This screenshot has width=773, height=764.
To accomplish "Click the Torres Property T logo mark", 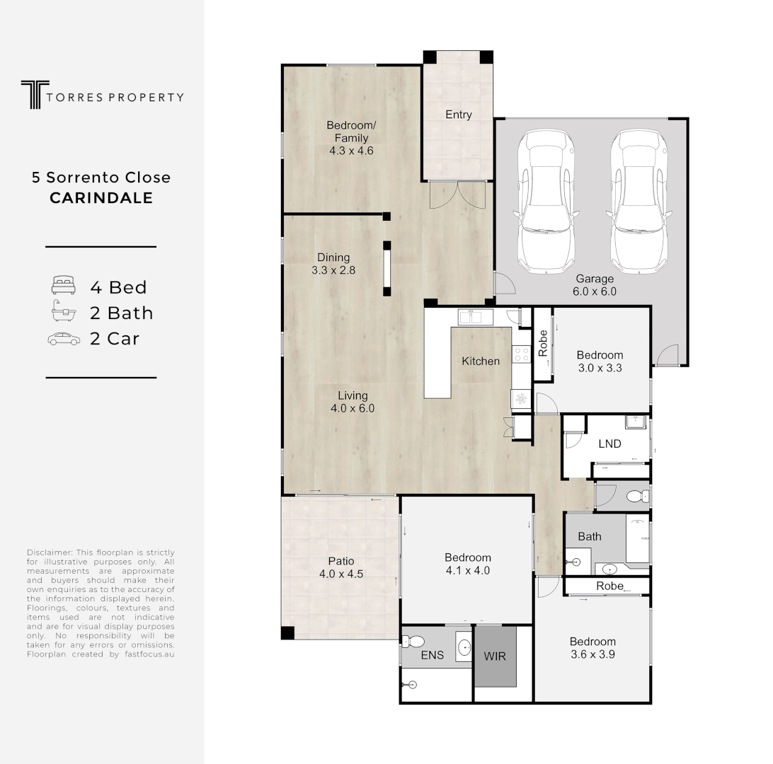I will point(32,95).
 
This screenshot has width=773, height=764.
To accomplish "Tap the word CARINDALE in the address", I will point(101,198).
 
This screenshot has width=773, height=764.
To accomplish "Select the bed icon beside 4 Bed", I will point(62,286).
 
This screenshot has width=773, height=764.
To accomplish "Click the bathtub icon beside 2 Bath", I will point(62,312).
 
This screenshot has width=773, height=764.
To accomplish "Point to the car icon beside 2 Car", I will point(63,339).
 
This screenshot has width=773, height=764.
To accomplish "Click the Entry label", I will point(458,115).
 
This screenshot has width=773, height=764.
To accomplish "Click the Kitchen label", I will point(481,361).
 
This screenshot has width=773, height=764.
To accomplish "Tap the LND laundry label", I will point(609,444).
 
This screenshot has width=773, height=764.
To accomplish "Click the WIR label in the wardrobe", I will point(495,656).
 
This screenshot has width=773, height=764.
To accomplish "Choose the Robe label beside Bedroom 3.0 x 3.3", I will point(543,344).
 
